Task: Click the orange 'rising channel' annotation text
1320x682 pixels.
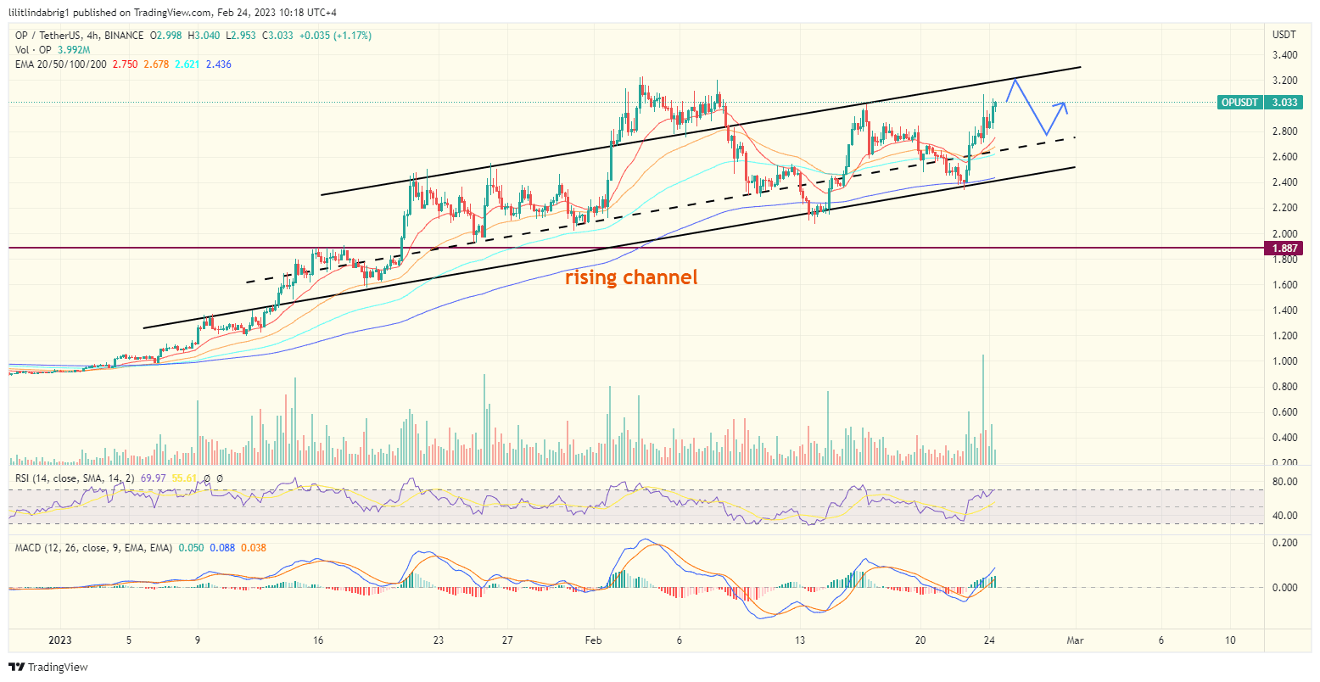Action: (x=631, y=277)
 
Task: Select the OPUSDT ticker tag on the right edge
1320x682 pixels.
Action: (x=1239, y=103)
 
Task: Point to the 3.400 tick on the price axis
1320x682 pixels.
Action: (x=1285, y=55)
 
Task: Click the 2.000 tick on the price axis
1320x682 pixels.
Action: (x=1285, y=233)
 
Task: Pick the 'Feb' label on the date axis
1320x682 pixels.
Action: (x=593, y=641)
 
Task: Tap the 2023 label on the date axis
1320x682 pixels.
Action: (x=60, y=641)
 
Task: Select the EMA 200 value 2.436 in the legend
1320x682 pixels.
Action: (x=218, y=64)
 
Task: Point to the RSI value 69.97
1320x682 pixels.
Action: (x=156, y=478)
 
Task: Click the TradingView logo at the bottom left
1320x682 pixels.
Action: (x=48, y=667)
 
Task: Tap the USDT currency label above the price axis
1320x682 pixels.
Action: (x=1284, y=35)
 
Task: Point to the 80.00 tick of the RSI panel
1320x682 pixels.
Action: (x=1285, y=482)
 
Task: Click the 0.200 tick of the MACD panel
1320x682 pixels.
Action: (x=1285, y=542)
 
